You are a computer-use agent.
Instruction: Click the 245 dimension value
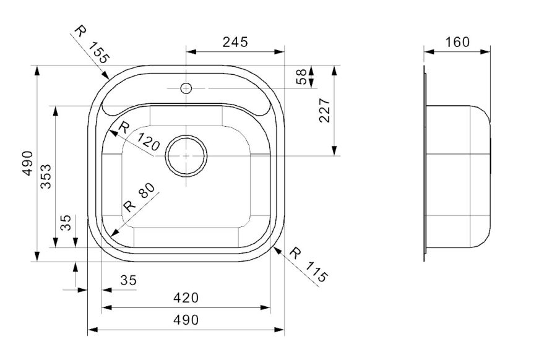tap(235, 42)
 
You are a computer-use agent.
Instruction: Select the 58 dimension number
tap(301, 77)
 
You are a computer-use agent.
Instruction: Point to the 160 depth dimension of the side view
tap(457, 42)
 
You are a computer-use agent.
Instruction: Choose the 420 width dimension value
tap(186, 298)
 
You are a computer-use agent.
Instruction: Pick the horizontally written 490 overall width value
tap(186, 320)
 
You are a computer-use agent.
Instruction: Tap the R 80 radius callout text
tap(137, 198)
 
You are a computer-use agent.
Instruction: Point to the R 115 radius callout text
tap(308, 265)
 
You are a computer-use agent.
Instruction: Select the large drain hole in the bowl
tap(186, 156)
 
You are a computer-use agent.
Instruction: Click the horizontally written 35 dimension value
tap(128, 280)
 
